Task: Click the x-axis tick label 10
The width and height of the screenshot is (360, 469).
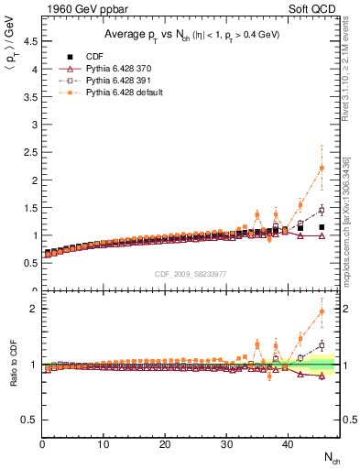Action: click(x=104, y=444)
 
